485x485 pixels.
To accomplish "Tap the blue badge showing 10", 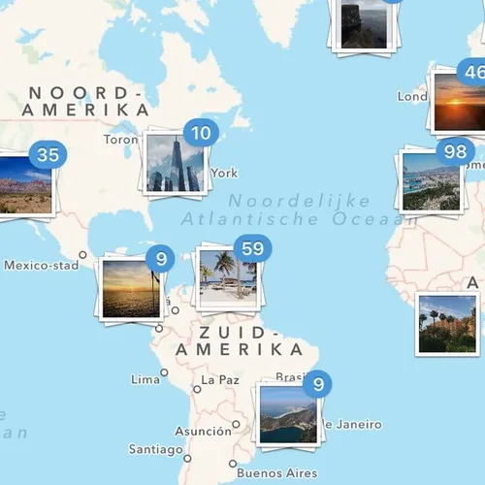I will coord(201,134).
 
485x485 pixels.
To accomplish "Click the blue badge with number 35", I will coord(47,154).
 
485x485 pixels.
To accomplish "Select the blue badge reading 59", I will coord(253,249).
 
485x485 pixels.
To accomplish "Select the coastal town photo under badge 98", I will coord(431,181).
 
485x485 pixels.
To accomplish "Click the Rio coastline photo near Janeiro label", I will coord(288,414).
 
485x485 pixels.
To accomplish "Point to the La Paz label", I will coord(219,380).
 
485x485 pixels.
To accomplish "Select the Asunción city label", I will coord(203,431).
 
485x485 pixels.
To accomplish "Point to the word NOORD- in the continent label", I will coord(85,93).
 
